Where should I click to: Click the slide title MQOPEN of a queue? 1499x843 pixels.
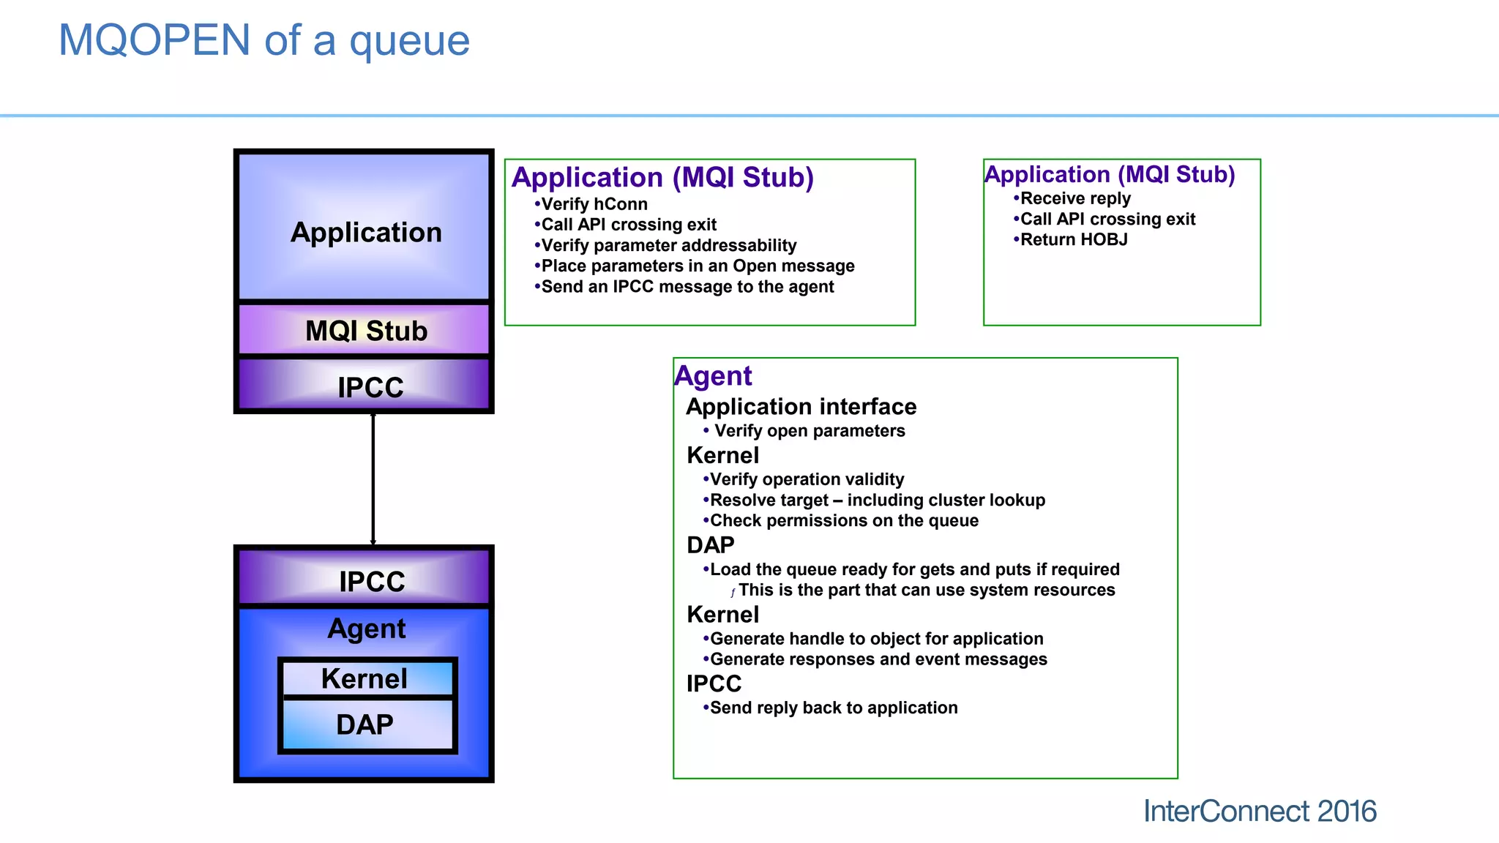pos(263,40)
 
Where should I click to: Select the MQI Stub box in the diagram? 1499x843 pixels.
pos(365,330)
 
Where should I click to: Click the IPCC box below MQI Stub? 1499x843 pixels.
pos(365,386)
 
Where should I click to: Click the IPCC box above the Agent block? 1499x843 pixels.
pos(365,580)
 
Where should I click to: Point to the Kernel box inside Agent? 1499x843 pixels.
pos(365,678)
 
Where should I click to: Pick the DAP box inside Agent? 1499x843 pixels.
pos(365,724)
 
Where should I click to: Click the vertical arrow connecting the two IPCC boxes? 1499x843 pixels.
pos(373,479)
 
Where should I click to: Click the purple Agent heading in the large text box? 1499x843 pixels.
pos(713,375)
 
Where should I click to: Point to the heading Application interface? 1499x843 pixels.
pos(801,406)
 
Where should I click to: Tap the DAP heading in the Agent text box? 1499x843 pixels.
pos(710,545)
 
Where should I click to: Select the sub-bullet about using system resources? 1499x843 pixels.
pos(926,590)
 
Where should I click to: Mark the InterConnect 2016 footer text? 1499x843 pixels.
pos(1259,811)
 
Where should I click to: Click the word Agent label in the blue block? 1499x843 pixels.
pos(366,629)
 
